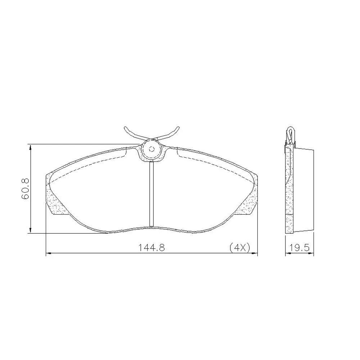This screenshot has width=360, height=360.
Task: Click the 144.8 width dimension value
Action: point(151,248)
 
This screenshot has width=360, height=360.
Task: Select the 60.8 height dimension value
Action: point(26,189)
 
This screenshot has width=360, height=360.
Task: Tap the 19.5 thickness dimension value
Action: point(300,248)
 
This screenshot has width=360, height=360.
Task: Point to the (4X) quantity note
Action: point(240,248)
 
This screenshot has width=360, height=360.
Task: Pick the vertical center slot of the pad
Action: point(152,194)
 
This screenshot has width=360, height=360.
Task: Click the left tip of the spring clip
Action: point(125,127)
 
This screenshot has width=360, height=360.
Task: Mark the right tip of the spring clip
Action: point(178,127)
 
